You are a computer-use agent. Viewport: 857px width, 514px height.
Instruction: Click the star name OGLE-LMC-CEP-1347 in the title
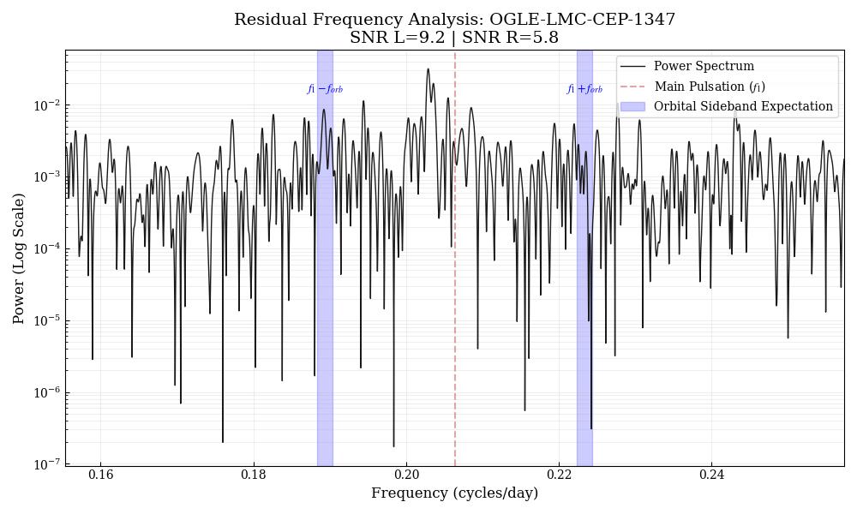(x=582, y=20)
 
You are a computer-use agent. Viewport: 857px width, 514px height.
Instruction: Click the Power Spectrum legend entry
(x=703, y=66)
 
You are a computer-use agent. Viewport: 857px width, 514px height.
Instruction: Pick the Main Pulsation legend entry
(x=709, y=87)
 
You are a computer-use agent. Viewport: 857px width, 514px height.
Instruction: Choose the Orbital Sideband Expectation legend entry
(x=742, y=106)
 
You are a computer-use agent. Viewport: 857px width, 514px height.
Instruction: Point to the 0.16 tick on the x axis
(x=100, y=475)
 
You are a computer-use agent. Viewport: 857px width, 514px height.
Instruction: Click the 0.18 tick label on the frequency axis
(x=254, y=475)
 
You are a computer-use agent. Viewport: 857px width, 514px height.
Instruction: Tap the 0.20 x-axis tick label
(x=406, y=475)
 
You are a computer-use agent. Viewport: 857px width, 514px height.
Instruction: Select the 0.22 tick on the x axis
(x=559, y=475)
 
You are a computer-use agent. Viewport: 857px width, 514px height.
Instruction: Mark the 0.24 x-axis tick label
(x=711, y=475)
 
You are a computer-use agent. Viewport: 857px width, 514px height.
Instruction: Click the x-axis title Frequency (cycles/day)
(x=454, y=493)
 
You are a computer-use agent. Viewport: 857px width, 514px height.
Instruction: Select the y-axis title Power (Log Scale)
(x=19, y=258)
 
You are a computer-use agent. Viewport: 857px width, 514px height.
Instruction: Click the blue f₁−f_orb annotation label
(x=325, y=89)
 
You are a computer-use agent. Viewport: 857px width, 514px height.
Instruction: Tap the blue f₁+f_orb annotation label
(x=584, y=89)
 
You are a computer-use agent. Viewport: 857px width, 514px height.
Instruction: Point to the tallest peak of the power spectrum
(x=428, y=69)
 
